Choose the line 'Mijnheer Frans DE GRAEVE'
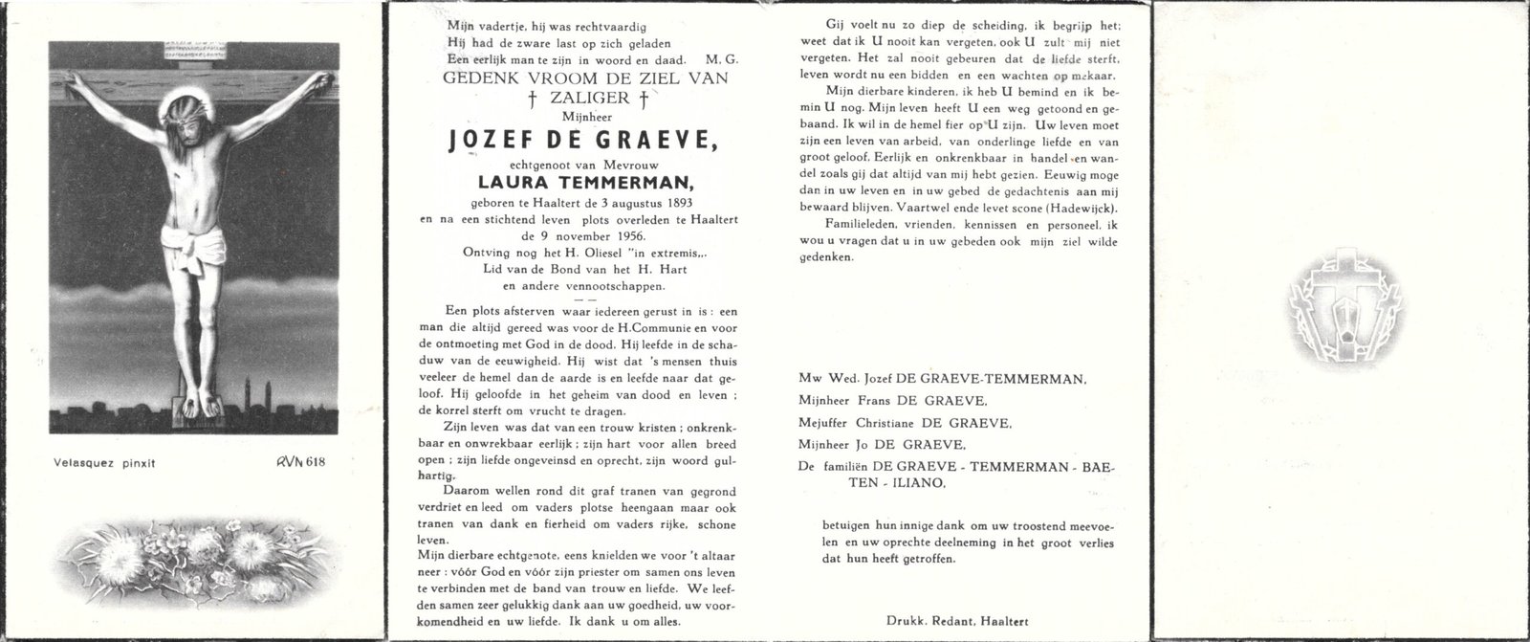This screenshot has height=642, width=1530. [894, 401]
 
